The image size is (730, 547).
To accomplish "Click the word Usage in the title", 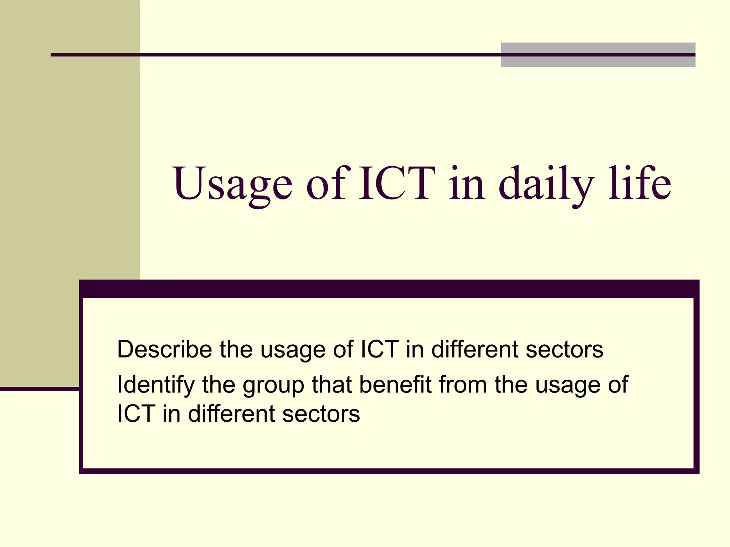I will point(232,184).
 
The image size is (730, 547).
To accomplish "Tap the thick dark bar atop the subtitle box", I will point(389,289).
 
